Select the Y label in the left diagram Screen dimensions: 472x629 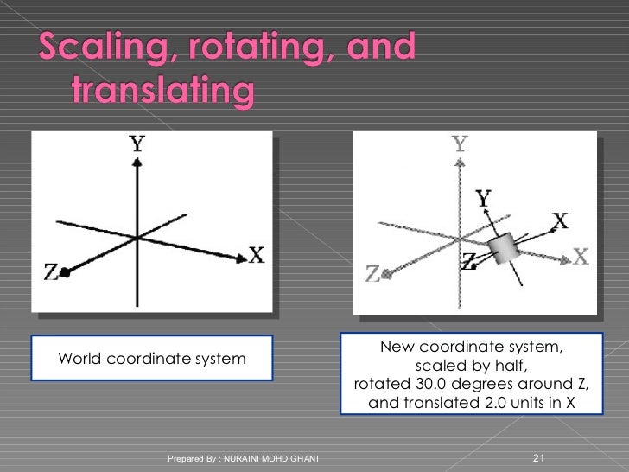(137, 144)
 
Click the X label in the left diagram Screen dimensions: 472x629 (256, 255)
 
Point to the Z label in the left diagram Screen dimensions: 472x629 (51, 272)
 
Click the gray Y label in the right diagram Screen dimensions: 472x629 (460, 144)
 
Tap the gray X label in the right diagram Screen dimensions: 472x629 (580, 256)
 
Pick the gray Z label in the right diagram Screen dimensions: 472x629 (373, 274)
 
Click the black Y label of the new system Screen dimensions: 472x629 (484, 200)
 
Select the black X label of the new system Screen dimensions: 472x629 (560, 221)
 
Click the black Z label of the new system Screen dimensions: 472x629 (467, 260)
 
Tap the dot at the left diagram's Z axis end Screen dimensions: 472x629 (64, 272)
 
